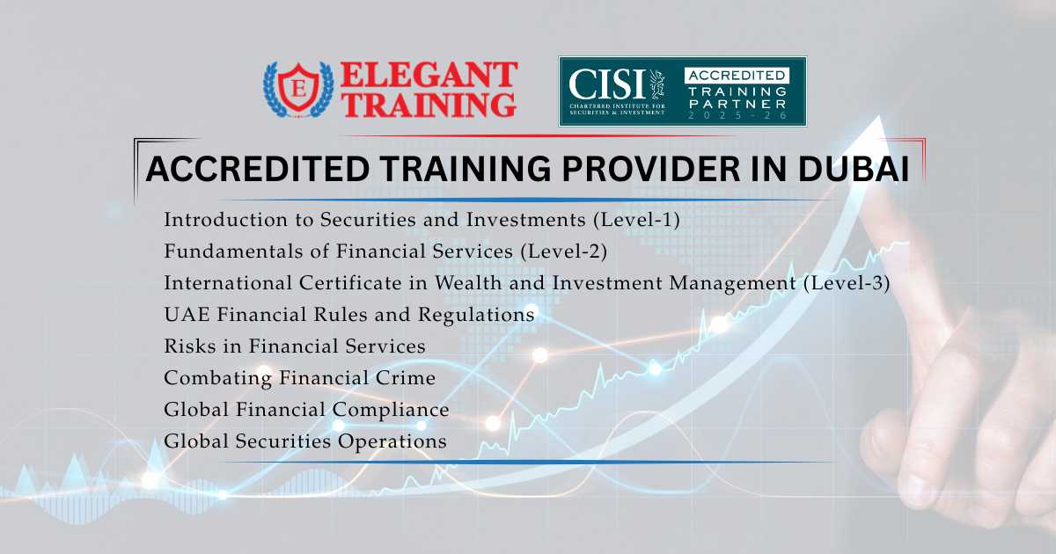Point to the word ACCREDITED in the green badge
click(x=736, y=75)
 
